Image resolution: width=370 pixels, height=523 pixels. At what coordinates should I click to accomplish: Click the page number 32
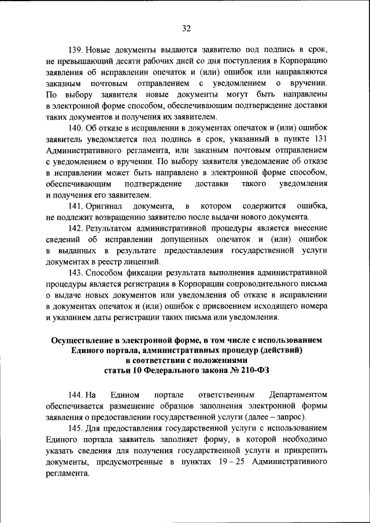186,28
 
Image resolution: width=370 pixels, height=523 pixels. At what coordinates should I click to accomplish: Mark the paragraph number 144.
76,395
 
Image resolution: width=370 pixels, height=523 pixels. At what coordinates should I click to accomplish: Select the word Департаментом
298,395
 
